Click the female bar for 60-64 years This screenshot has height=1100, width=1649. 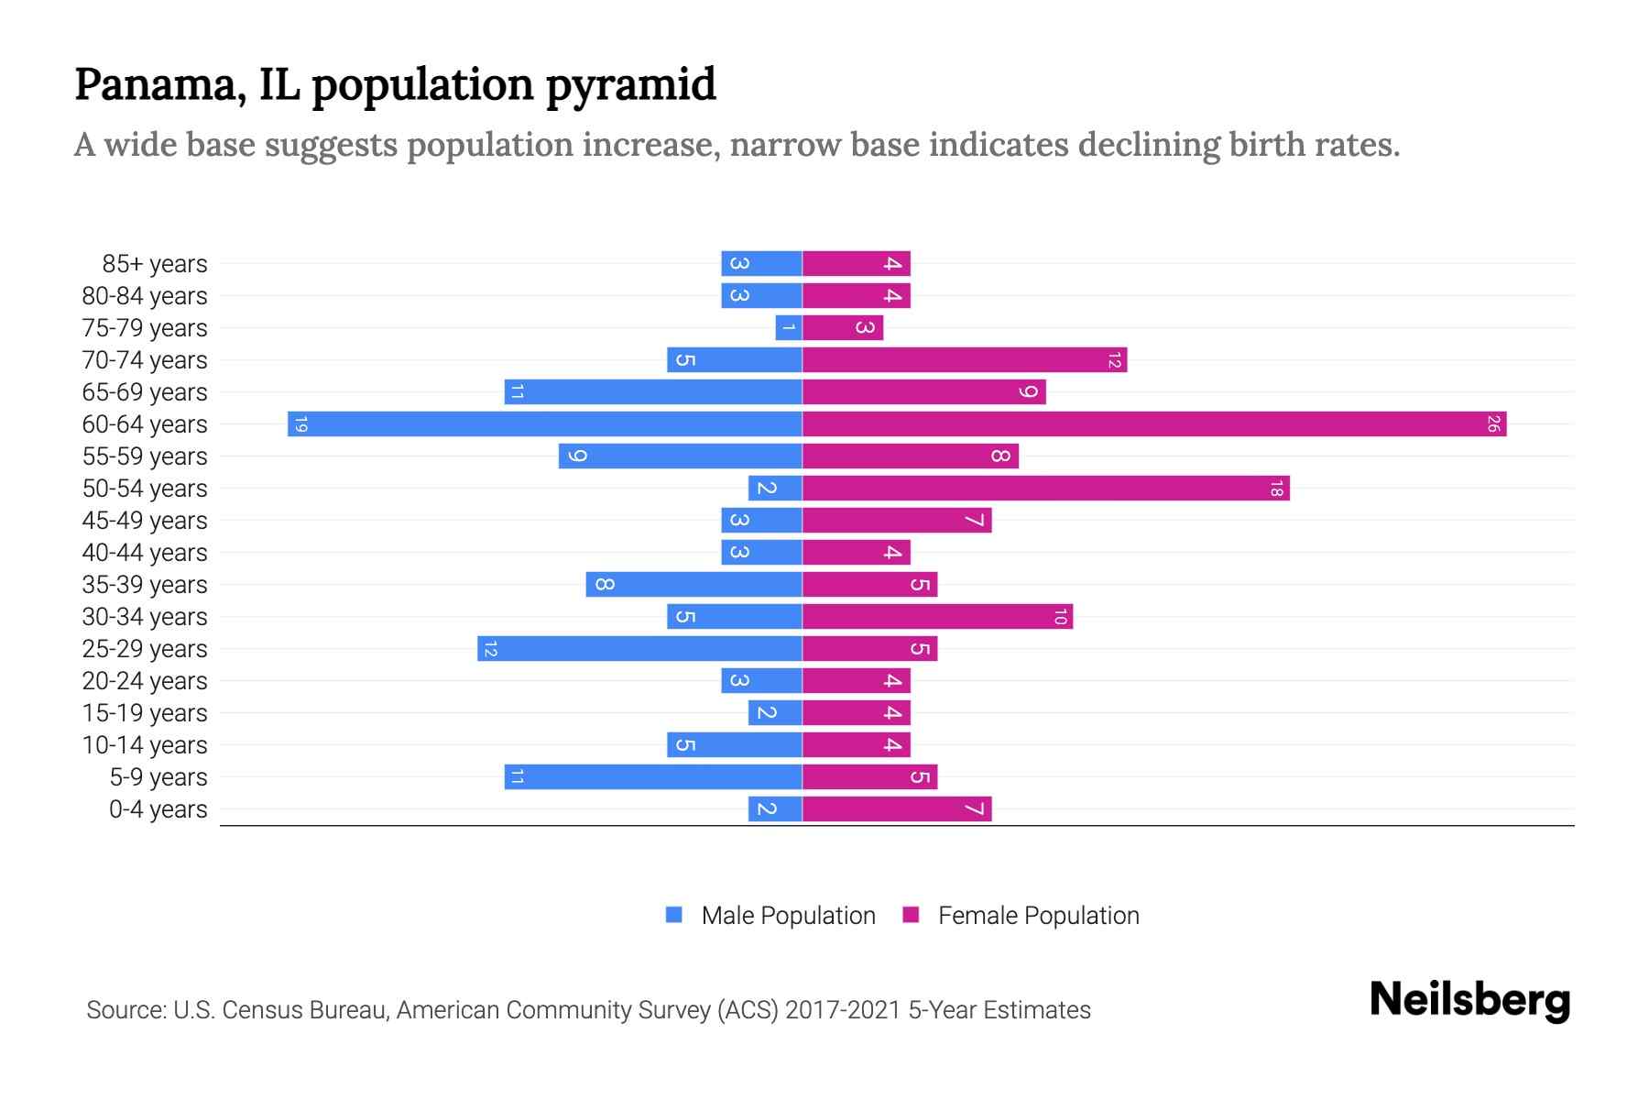(1154, 423)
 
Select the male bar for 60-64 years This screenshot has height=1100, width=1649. (545, 423)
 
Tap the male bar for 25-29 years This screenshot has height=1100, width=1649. (639, 648)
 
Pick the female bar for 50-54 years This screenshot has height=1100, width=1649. (1045, 488)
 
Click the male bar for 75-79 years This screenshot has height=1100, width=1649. (789, 327)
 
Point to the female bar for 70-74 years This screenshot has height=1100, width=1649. (965, 359)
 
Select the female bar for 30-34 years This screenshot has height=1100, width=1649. (937, 616)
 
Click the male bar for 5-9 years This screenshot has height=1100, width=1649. (653, 776)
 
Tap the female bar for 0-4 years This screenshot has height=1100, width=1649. (897, 808)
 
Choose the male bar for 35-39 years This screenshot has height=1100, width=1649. (693, 584)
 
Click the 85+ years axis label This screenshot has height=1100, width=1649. (155, 264)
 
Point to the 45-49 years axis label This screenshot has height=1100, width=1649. (145, 521)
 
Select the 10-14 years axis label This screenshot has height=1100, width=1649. (145, 745)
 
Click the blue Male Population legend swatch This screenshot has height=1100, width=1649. (674, 915)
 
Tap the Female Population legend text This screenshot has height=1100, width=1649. (1038, 915)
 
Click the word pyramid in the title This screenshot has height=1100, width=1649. (631, 85)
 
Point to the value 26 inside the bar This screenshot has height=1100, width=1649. (1493, 423)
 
